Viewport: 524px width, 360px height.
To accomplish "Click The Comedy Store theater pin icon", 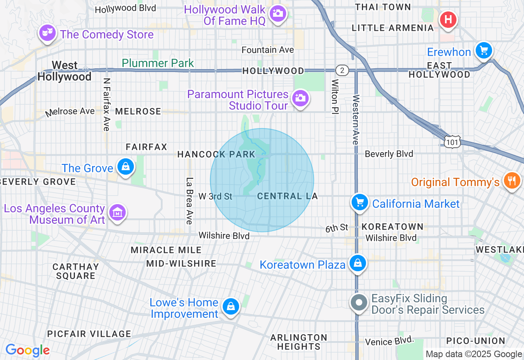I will tap(47, 33).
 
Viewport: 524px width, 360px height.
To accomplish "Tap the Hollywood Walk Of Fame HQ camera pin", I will tap(278, 13).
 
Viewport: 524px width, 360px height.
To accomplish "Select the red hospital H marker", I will tap(448, 19).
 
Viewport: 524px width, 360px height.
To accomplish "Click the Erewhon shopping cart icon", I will tap(484, 51).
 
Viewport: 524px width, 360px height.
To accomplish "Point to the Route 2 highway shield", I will tap(342, 70).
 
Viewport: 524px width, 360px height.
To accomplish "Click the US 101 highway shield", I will tap(452, 142).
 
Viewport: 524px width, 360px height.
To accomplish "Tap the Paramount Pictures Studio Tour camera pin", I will tap(300, 98).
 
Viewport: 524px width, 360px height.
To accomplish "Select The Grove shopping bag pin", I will tap(125, 167).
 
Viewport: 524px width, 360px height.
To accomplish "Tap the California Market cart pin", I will tap(360, 202).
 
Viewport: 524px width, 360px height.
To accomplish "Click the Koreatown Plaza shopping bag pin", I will tap(358, 263).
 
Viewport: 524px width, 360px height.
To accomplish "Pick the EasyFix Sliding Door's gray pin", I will tap(359, 303).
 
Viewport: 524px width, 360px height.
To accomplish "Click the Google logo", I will tap(28, 350).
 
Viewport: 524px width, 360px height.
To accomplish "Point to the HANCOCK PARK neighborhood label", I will tap(216, 154).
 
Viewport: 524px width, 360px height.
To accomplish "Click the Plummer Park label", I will tap(158, 63).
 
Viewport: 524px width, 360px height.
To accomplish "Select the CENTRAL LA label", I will tap(287, 196).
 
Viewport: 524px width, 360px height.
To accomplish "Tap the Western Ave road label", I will tap(355, 119).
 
